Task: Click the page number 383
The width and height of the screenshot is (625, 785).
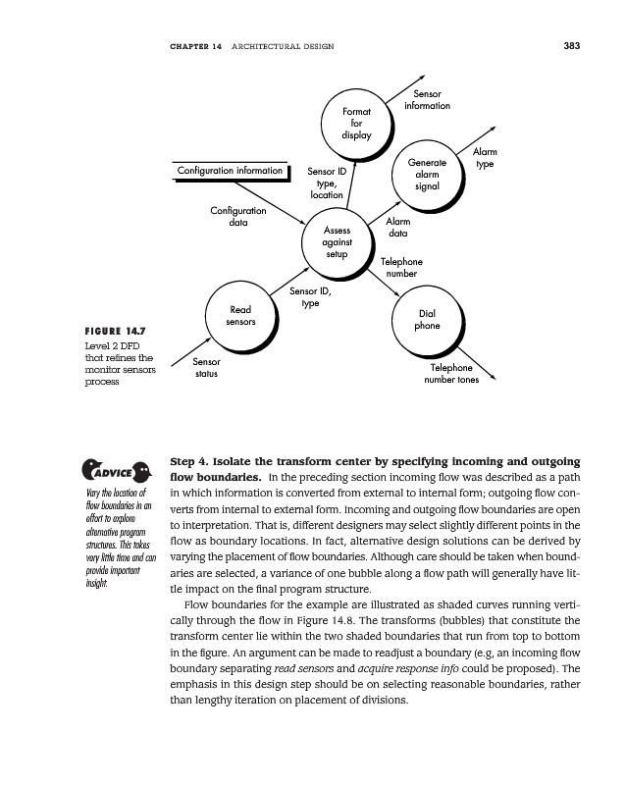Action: (x=574, y=46)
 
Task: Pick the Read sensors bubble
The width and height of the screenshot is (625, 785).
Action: (x=240, y=315)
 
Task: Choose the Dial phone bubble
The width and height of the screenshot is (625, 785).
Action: (x=426, y=321)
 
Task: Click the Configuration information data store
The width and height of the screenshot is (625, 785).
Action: (x=230, y=172)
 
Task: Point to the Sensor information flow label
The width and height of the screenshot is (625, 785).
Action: (x=427, y=99)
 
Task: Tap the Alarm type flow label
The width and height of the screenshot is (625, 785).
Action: (x=485, y=158)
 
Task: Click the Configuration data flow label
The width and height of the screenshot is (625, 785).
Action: (x=237, y=216)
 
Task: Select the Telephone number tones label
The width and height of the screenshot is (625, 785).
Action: (x=450, y=374)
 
